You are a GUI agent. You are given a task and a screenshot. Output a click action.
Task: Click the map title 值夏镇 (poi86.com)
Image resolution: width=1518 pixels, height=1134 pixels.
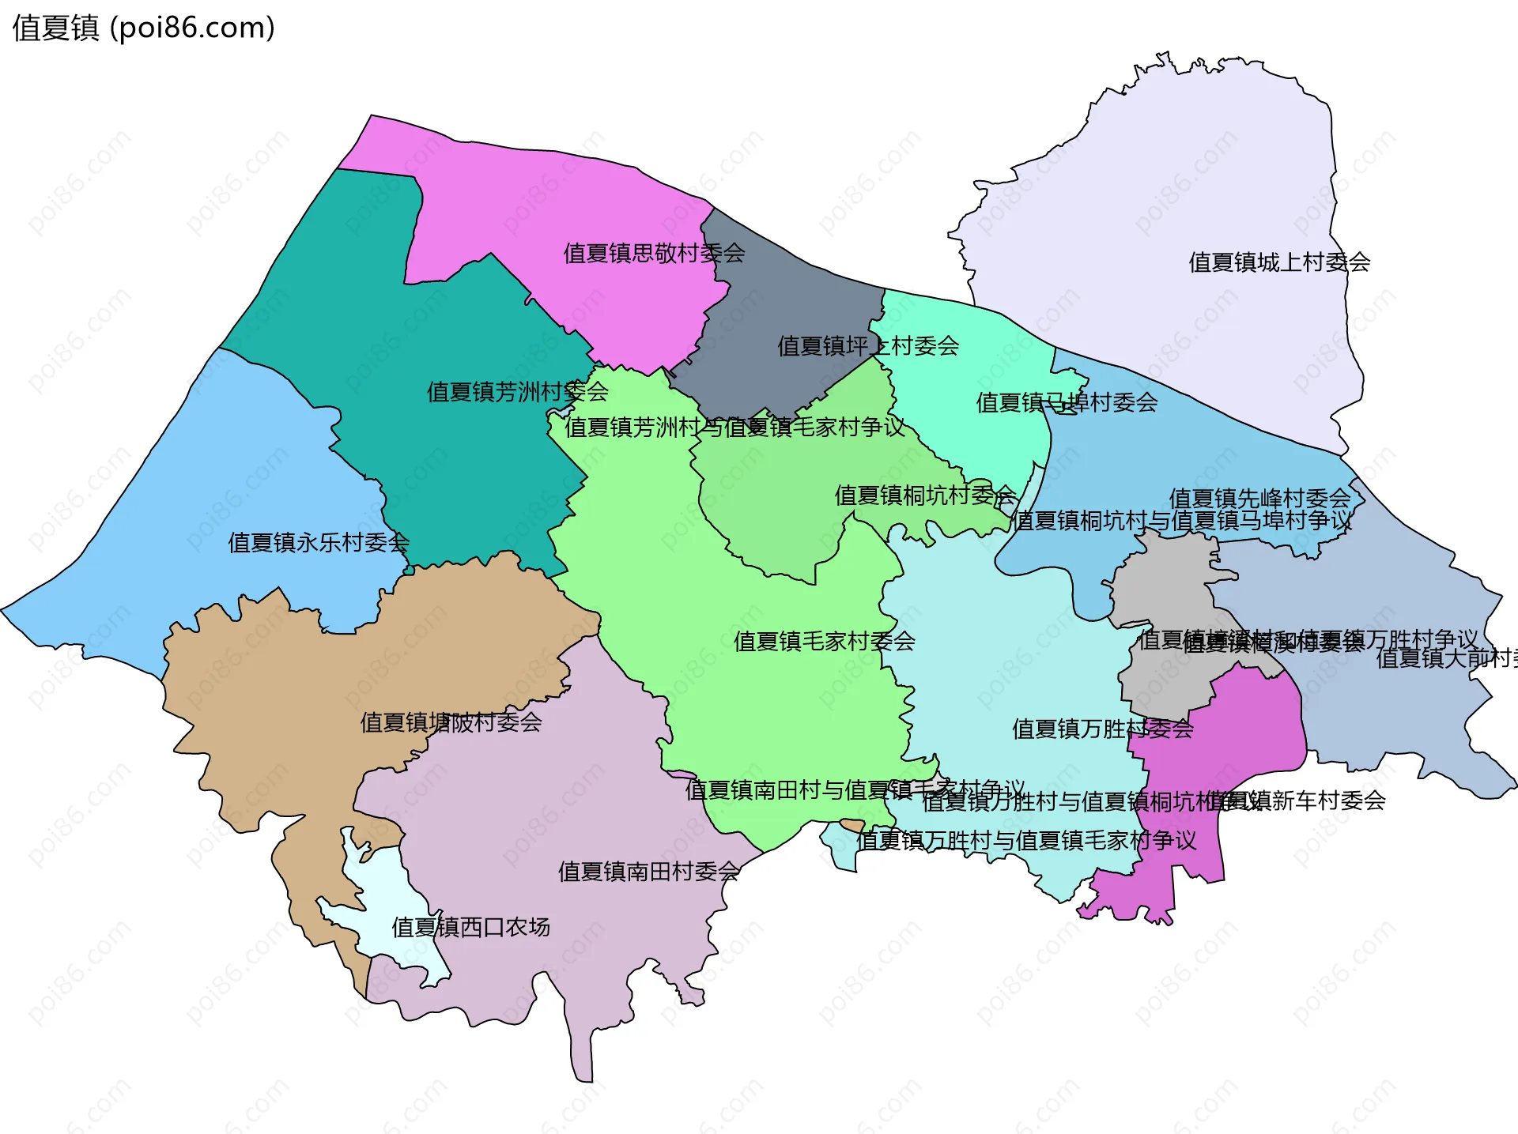143,28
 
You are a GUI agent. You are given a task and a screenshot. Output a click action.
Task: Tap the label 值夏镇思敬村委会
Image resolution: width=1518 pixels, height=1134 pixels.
654,254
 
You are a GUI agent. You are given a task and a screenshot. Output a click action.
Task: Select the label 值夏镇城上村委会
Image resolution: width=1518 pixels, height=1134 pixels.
1279,262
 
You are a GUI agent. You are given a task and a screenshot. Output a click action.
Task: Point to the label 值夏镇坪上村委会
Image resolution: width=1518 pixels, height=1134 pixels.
868,346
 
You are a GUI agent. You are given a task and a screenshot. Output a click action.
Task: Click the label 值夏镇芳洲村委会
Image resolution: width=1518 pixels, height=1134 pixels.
517,391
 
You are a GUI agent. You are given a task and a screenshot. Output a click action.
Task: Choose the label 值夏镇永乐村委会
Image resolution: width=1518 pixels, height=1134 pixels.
319,543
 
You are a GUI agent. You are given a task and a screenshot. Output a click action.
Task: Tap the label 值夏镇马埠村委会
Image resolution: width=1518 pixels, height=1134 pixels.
1067,403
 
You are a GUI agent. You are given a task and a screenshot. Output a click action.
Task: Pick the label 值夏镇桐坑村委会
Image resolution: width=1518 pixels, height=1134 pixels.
925,495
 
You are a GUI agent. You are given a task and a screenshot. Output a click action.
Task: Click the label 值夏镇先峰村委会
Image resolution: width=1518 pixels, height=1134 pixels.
1259,499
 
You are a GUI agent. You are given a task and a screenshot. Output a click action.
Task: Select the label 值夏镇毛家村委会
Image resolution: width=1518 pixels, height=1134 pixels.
824,641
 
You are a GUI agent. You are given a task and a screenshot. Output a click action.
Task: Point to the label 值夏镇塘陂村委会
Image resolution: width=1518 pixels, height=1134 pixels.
451,722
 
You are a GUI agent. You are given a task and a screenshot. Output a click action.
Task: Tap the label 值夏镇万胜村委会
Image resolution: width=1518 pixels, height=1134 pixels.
1102,729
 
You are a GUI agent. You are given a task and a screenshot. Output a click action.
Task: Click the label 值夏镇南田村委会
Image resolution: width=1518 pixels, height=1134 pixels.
648,872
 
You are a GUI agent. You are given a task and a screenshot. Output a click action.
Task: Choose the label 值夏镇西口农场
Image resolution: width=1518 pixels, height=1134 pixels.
470,927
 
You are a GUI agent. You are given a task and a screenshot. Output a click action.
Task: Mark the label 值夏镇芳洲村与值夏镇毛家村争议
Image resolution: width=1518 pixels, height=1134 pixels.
734,428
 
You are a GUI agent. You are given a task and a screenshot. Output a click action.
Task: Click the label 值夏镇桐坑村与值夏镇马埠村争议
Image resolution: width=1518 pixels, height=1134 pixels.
1182,521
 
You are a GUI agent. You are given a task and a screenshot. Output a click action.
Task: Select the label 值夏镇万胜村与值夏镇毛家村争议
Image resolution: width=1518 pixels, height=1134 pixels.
1026,841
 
